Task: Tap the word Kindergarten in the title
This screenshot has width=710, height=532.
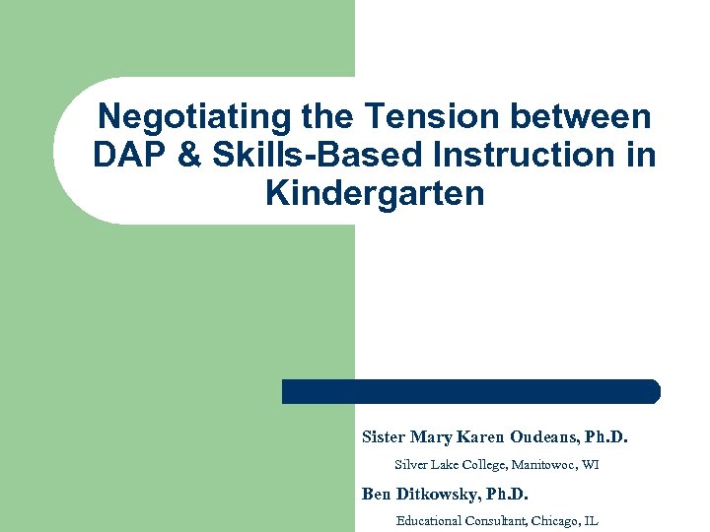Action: (x=375, y=193)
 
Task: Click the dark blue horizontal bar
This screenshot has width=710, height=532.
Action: (x=470, y=391)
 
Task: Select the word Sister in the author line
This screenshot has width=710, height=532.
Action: (x=384, y=436)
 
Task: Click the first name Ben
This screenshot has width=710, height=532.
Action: (x=376, y=494)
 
